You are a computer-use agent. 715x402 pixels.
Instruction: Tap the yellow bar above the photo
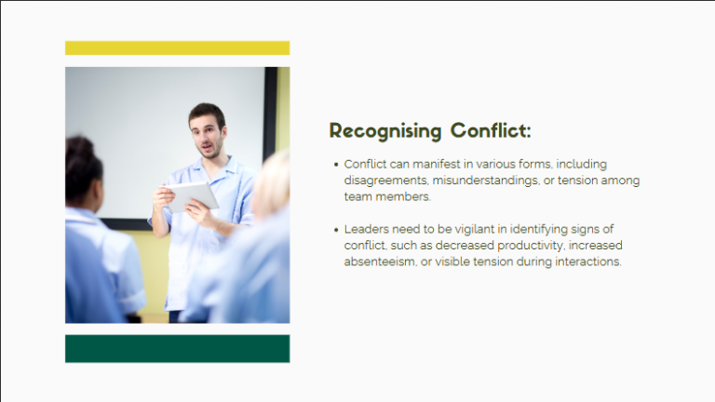[177, 47]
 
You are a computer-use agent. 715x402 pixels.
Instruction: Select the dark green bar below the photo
[177, 348]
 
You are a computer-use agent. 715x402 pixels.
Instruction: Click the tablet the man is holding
[192, 195]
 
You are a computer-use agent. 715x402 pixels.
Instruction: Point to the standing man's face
[209, 133]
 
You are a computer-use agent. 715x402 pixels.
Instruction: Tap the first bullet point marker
[335, 165]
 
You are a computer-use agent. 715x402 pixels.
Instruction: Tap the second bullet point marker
[335, 229]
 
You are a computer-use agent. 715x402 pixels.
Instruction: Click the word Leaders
[367, 229]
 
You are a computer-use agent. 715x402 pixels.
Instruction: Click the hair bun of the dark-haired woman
[78, 147]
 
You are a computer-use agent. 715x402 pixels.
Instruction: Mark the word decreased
[460, 246]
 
